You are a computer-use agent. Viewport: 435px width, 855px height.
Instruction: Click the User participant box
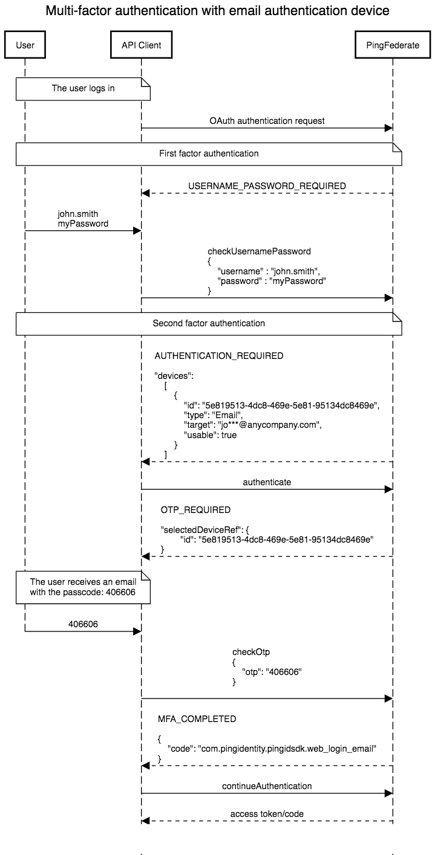point(25,44)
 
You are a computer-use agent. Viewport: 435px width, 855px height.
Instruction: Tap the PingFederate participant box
point(393,44)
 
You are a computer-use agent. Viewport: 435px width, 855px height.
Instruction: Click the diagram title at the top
point(217,11)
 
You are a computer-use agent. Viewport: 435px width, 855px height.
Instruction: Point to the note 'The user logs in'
point(83,88)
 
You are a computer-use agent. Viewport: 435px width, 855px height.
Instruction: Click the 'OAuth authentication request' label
point(267,121)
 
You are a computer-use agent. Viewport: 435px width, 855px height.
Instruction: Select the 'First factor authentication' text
point(209,153)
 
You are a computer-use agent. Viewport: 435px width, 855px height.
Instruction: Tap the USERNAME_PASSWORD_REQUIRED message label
point(267,186)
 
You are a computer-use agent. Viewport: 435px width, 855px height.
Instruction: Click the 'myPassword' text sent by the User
point(83,224)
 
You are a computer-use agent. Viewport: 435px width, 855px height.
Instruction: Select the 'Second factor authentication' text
point(209,323)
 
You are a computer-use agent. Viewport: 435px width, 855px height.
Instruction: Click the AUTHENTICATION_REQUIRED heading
point(219,356)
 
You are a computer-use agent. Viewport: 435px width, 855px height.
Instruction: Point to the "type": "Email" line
point(213,415)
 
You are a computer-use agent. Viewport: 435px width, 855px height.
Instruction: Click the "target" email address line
point(252,425)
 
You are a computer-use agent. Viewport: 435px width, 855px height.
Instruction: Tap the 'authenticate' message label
point(267,482)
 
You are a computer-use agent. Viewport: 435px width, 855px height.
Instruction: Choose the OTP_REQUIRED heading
point(195,510)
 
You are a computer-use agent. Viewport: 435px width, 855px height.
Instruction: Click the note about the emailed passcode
point(83,587)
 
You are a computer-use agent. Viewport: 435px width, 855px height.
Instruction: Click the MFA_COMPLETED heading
point(197,719)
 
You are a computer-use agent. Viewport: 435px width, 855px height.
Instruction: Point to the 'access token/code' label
point(267,814)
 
